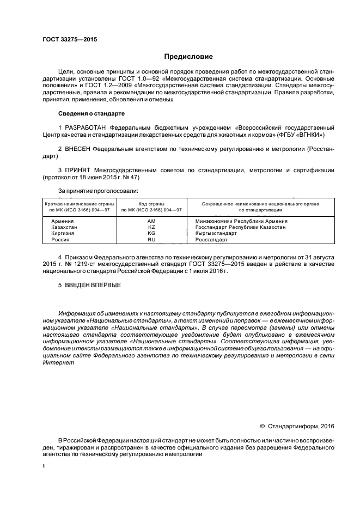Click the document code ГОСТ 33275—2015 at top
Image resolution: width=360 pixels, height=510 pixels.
[66, 40]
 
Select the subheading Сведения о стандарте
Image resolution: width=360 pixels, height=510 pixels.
[91, 113]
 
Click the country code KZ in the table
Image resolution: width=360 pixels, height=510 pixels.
[151, 227]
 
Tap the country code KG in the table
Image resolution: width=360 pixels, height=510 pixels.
[151, 233]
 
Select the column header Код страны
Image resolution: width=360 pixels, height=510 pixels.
[151, 203]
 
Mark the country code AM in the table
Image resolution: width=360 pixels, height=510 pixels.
[151, 221]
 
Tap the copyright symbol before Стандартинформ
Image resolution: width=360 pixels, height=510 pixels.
[262, 425]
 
